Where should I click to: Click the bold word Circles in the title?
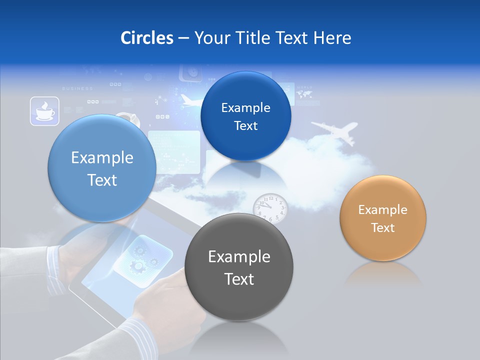click(x=146, y=38)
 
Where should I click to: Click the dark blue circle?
click(x=245, y=116)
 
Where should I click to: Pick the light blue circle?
click(x=102, y=168)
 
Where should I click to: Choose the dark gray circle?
click(x=239, y=267)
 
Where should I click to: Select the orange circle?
click(x=383, y=218)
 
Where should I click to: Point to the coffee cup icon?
click(x=44, y=111)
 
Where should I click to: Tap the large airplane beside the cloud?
click(x=334, y=130)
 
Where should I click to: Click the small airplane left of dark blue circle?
click(x=190, y=101)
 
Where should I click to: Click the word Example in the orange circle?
click(x=383, y=209)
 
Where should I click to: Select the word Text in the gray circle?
click(x=239, y=279)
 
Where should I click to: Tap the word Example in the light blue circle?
click(x=102, y=158)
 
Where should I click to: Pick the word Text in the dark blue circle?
click(x=245, y=126)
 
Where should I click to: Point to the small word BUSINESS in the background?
click(x=77, y=88)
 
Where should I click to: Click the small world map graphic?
click(x=304, y=93)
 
